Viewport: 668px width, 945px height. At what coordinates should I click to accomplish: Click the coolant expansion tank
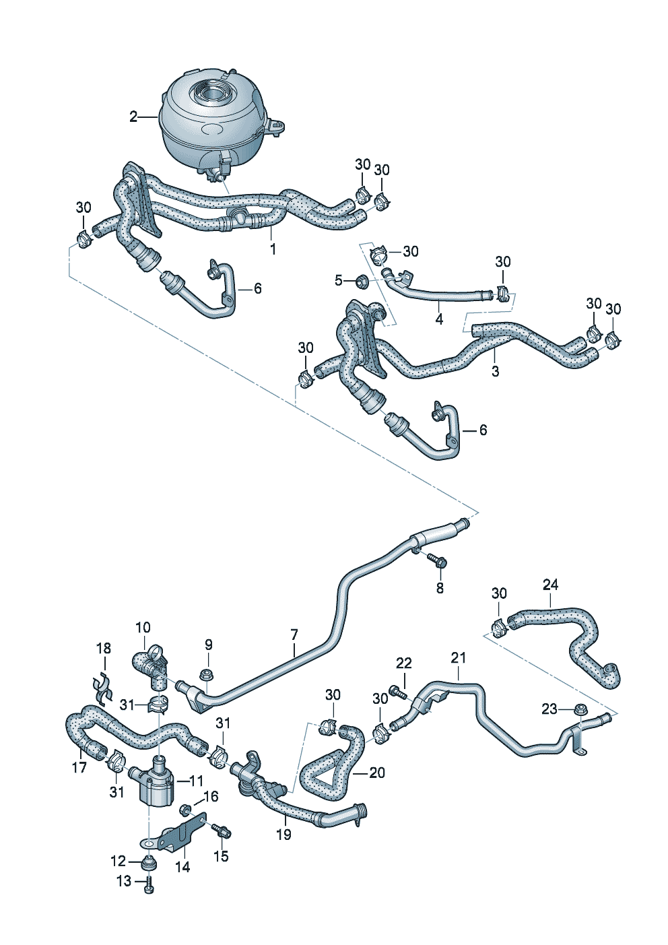212,121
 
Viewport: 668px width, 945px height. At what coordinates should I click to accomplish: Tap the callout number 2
133,117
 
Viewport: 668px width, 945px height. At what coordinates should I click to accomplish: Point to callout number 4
439,319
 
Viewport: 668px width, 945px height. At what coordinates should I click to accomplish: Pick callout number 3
496,370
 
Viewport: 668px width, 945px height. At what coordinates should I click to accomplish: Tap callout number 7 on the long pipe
294,634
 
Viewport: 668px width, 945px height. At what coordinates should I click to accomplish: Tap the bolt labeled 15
222,830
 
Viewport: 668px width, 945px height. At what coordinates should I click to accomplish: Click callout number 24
551,584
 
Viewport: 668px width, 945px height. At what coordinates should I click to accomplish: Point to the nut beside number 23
581,709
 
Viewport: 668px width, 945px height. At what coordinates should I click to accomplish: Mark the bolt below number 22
402,693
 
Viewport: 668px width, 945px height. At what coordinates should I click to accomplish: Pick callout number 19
283,835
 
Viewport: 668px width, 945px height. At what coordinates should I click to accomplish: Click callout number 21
459,657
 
